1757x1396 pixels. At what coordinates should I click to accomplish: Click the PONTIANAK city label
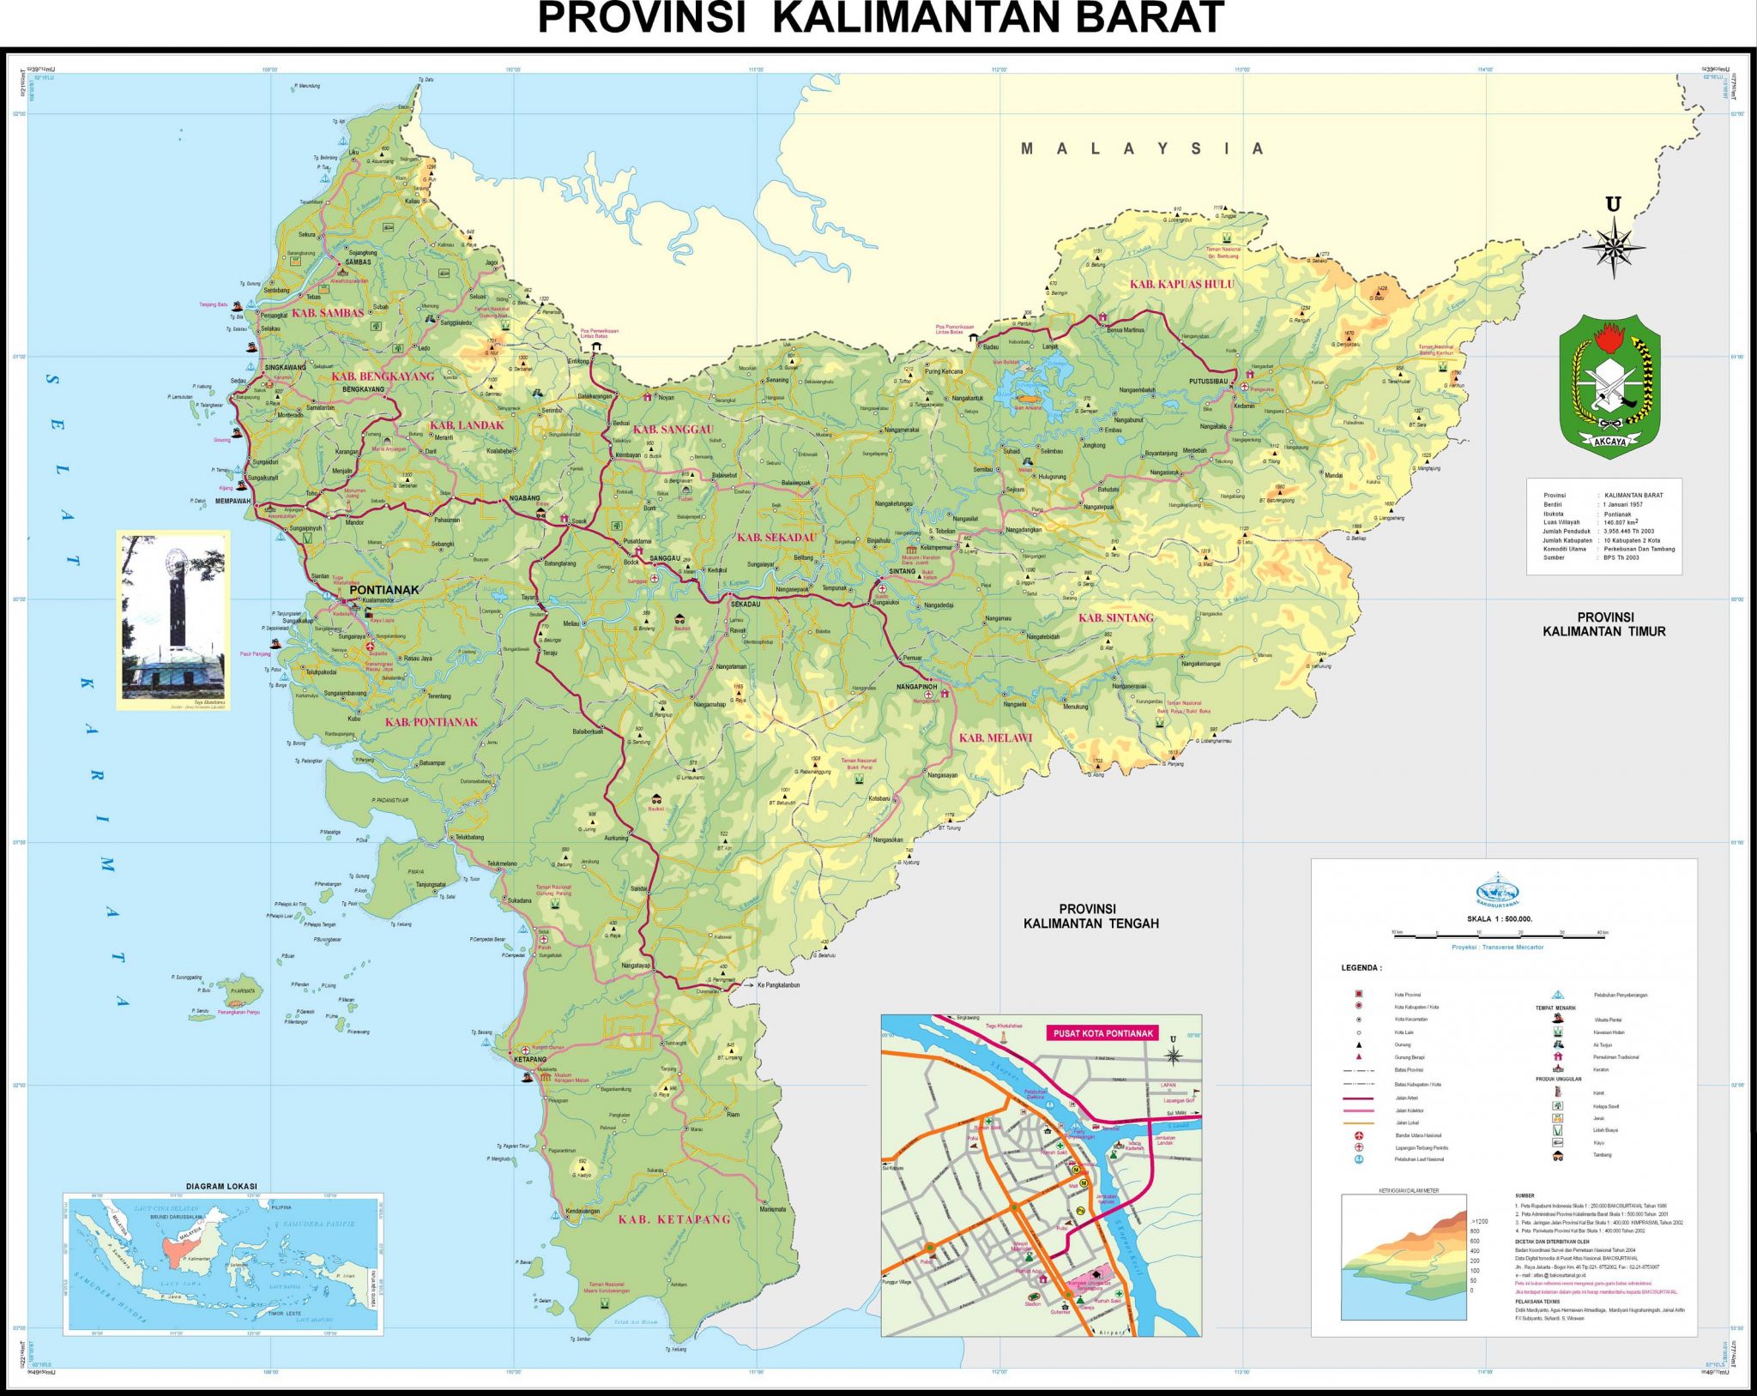383,589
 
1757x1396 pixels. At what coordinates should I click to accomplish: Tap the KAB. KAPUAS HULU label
1181,284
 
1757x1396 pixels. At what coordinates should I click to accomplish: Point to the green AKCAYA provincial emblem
1609,385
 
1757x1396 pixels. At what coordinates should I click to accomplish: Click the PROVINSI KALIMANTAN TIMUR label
1603,624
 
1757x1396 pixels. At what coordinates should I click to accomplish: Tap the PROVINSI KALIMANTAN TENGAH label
1090,916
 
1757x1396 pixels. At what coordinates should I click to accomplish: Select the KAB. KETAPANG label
674,1218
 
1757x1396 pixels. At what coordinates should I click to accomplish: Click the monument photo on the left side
173,619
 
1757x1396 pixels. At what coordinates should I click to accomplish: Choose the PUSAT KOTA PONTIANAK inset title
1102,1033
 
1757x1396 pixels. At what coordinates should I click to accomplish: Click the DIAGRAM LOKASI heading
221,1186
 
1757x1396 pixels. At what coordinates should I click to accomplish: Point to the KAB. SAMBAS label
327,313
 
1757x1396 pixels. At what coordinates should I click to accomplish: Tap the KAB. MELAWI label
995,737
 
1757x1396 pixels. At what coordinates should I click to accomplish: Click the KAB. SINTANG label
1115,617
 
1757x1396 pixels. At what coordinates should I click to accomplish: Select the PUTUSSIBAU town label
1208,381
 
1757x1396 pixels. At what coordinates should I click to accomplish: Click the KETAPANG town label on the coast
529,1060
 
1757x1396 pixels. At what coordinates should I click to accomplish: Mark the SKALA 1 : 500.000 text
1499,918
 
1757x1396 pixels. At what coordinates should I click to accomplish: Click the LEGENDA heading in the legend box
1361,968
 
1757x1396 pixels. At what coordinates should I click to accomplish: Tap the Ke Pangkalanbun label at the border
778,985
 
